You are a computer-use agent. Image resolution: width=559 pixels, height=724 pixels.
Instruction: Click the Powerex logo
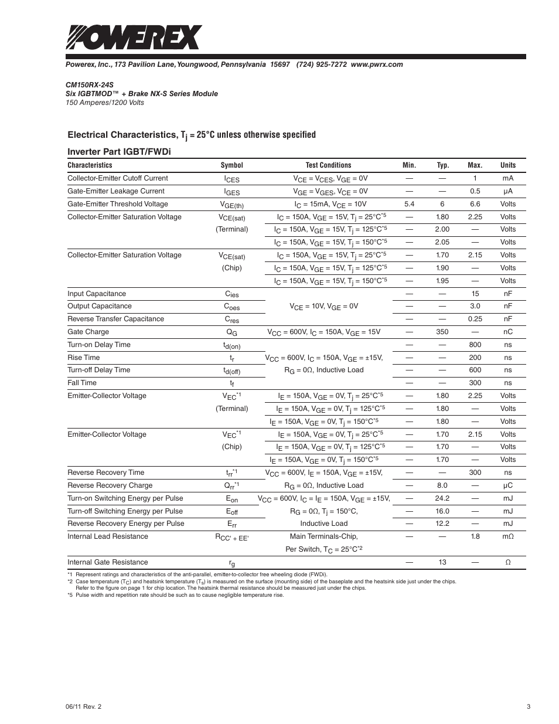[134, 37]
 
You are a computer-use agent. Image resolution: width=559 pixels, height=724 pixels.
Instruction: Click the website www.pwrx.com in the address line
[377, 64]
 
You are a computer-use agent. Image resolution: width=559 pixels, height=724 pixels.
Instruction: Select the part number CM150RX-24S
[90, 85]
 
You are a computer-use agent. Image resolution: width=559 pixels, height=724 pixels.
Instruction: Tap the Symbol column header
[231, 165]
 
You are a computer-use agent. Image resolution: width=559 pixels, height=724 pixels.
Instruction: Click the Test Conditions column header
[328, 165]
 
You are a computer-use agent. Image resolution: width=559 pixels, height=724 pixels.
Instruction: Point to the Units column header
[508, 165]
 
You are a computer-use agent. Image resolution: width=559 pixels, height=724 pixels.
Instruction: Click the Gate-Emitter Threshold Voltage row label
[118, 204]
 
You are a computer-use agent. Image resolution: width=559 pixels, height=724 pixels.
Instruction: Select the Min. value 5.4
[409, 204]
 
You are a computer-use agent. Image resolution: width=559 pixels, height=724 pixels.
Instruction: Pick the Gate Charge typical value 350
[442, 332]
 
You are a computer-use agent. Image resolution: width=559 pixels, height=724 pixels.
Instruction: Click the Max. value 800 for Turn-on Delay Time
[475, 345]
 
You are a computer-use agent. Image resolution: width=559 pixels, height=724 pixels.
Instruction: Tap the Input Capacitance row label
[97, 294]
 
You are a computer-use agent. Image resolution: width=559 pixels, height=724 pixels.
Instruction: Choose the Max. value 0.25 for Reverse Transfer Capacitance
[475, 319]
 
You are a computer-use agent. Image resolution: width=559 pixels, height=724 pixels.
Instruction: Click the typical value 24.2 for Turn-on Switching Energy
[442, 498]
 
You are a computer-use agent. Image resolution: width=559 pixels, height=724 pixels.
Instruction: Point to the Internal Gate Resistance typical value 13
[442, 562]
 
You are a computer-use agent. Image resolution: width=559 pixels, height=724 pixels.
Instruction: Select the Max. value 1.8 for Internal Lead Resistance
[475, 536]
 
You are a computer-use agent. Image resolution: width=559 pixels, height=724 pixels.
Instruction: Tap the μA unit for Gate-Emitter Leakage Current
[508, 191]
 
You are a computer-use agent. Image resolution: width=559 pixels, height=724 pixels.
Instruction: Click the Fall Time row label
[82, 383]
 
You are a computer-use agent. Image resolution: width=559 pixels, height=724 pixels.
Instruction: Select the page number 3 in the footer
[529, 706]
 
